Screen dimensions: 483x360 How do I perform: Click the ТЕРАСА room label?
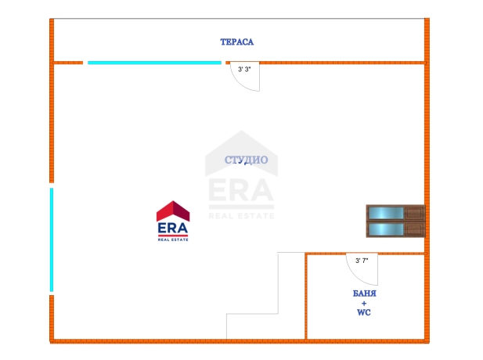click(237, 42)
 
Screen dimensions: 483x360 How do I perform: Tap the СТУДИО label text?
click(246, 160)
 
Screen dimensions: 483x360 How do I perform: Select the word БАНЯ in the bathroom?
click(365, 293)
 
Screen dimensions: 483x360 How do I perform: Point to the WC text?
click(364, 312)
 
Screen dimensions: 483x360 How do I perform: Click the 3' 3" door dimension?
click(244, 70)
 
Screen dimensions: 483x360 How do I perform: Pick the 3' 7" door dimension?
click(362, 261)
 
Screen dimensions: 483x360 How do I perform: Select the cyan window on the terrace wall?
click(155, 63)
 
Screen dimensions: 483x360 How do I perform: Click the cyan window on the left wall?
click(52, 239)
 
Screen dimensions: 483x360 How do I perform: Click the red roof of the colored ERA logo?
click(173, 211)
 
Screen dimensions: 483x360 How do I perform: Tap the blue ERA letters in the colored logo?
click(173, 229)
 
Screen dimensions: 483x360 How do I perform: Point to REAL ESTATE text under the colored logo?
click(173, 239)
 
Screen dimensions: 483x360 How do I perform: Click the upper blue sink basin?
click(386, 213)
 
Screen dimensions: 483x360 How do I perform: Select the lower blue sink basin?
click(386, 229)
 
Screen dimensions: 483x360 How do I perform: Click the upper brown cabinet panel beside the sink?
click(414, 213)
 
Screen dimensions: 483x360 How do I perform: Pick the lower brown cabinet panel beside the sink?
click(414, 229)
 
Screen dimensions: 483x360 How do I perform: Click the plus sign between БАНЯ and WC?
click(364, 303)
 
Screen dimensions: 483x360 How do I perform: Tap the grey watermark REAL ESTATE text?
click(241, 216)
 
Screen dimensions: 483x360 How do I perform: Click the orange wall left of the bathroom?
click(306, 297)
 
